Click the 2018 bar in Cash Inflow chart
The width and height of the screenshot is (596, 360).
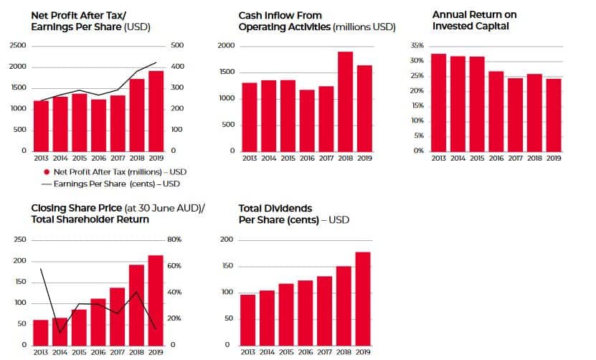click(345, 101)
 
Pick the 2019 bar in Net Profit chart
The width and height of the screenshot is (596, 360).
click(156, 111)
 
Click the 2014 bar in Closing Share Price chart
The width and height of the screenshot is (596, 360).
click(60, 331)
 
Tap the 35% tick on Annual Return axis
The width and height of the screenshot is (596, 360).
click(417, 45)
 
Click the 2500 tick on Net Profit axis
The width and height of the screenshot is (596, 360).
click(18, 45)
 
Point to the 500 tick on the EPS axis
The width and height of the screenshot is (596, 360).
click(178, 45)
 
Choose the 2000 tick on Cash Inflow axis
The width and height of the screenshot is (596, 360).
click(226, 45)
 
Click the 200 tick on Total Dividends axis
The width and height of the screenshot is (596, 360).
click(227, 240)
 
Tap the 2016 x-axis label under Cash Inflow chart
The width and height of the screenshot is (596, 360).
click(306, 158)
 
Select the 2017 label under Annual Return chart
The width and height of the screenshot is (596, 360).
click(516, 158)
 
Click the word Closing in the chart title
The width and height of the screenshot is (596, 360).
click(49, 209)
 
